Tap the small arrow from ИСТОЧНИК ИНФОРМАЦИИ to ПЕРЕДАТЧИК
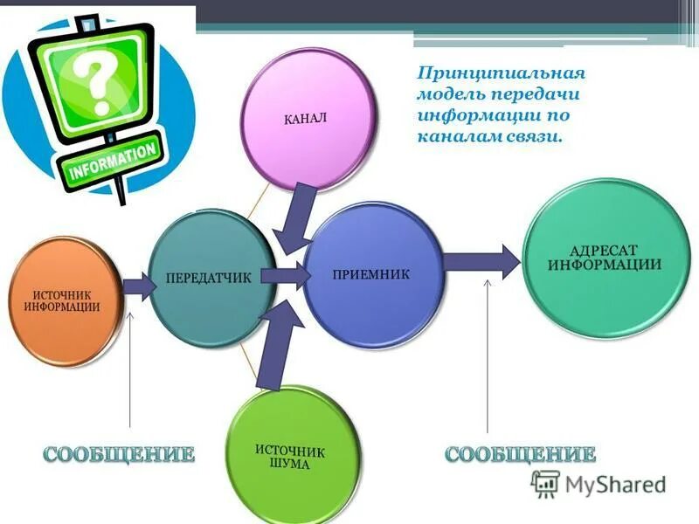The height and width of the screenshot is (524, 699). (136, 285)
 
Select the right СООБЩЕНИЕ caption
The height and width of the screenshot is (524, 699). (521, 453)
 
